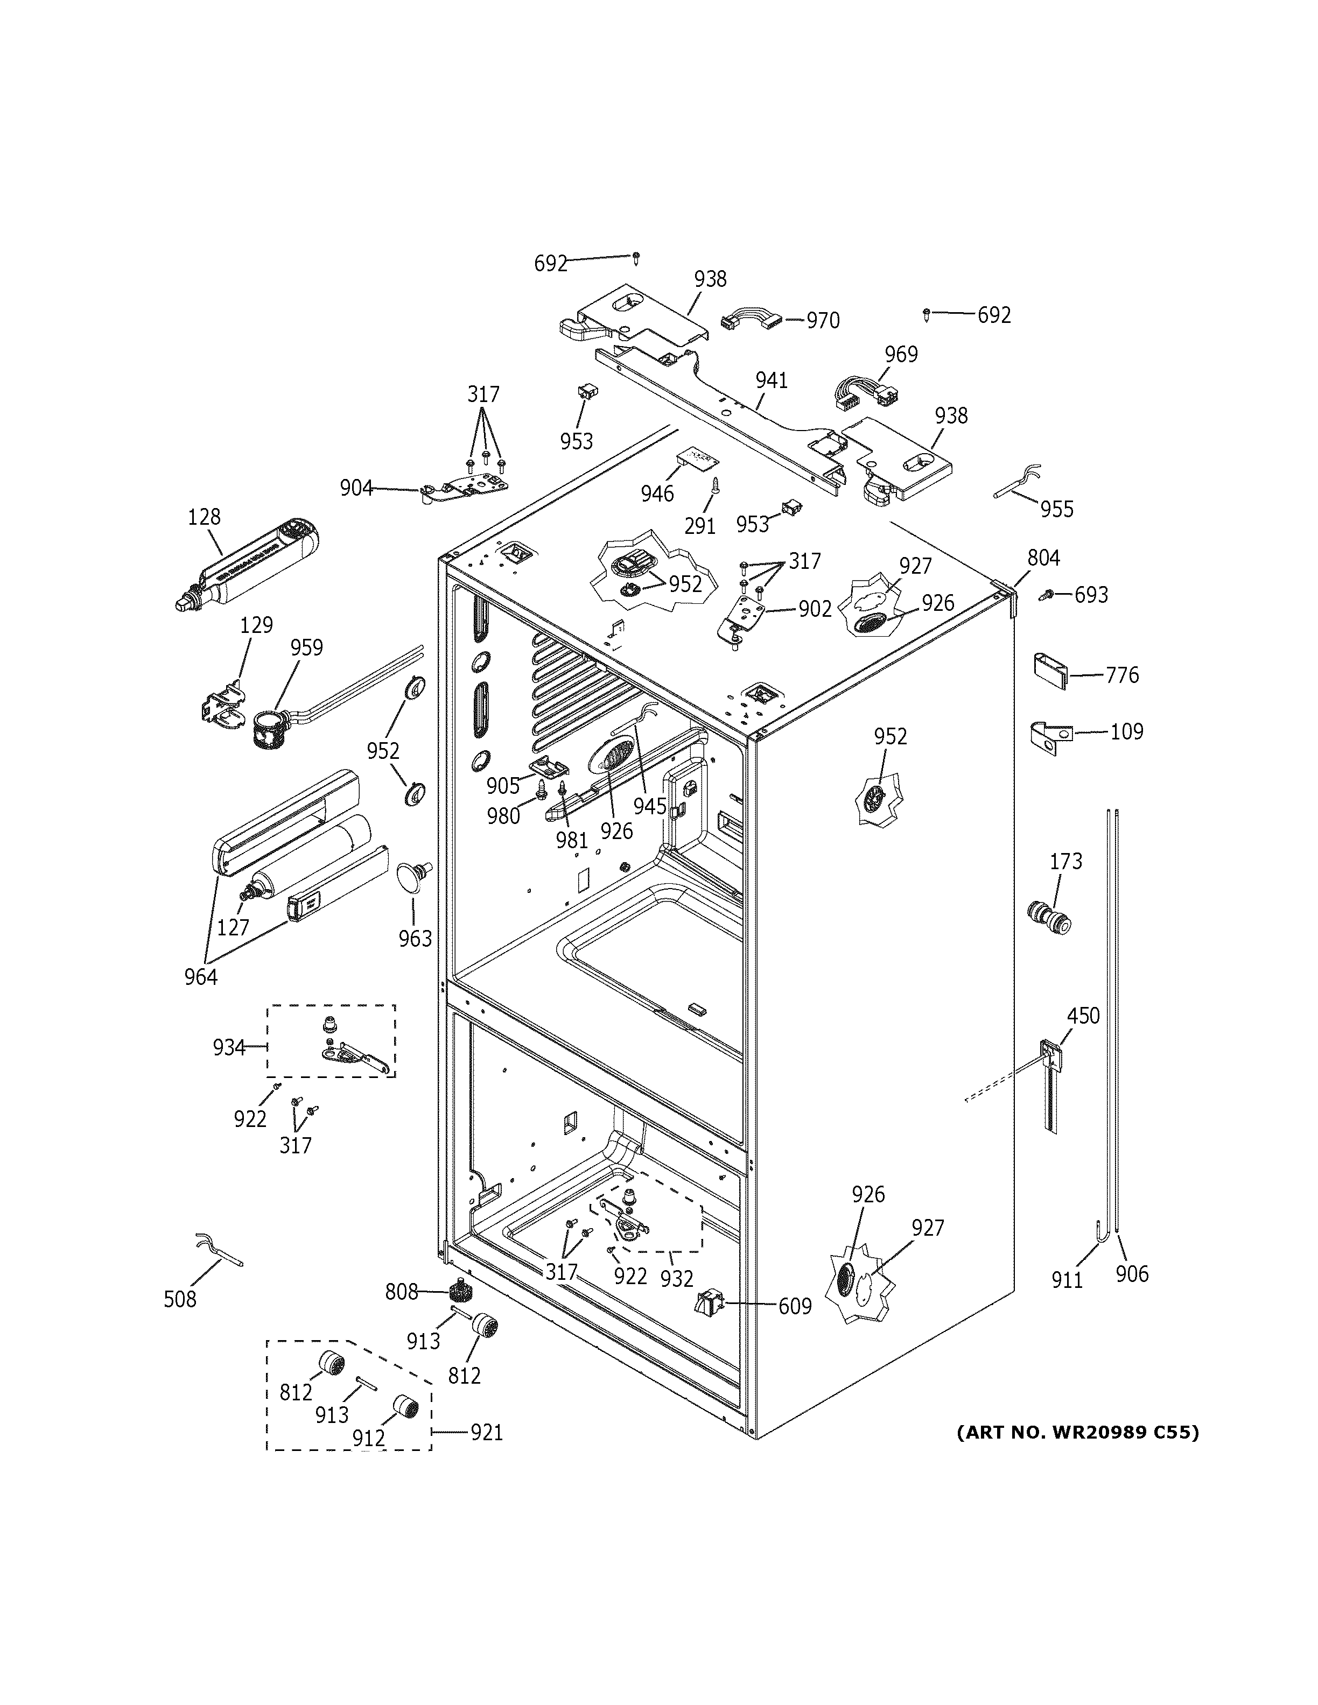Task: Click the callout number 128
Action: coord(205,517)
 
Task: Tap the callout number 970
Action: coord(823,321)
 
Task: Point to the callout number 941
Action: coord(772,381)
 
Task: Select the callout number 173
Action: coord(1066,861)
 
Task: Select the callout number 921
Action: coord(486,1433)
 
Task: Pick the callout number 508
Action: coord(180,1299)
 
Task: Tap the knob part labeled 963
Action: coord(413,877)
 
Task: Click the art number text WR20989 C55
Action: coord(1077,1433)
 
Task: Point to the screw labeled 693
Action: coord(1046,596)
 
